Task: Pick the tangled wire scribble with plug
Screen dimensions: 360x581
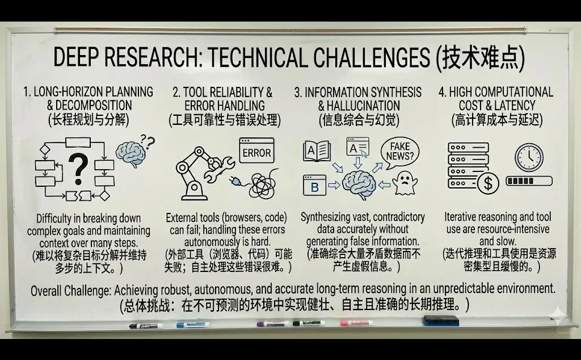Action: tap(258, 184)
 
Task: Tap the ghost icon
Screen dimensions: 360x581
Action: tap(402, 183)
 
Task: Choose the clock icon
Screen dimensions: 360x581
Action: tap(529, 157)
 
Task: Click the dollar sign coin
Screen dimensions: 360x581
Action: tap(487, 183)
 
